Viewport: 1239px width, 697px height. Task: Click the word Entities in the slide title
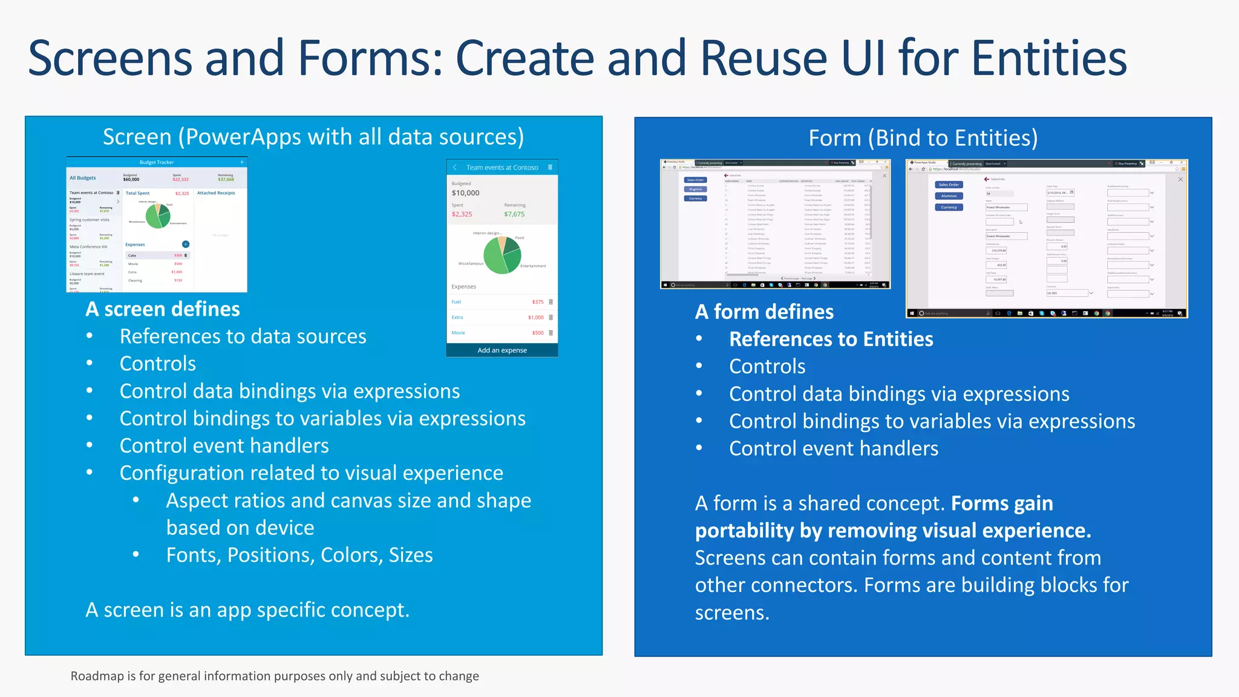pos(1048,59)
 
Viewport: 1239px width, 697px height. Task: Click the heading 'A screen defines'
pos(163,309)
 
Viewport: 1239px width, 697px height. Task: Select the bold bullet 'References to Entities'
pos(831,339)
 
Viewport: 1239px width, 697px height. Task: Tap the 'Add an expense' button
pos(502,350)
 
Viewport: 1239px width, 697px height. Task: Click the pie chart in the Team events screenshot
pos(502,255)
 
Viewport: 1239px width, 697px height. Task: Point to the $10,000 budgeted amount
pos(465,193)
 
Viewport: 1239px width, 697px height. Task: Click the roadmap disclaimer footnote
pos(275,676)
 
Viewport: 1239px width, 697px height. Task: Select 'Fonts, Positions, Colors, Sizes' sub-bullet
pos(299,555)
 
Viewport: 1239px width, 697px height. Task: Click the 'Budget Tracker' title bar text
pos(157,162)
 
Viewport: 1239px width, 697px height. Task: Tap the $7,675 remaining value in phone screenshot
pos(514,214)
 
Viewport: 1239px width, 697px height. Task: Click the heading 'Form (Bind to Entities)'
pos(923,138)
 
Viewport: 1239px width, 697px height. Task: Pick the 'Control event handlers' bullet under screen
pos(224,446)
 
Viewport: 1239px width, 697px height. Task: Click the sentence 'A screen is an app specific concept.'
pos(247,610)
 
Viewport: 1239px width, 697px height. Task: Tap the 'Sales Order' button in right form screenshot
pos(949,185)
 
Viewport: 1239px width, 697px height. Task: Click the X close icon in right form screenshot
pos(1180,179)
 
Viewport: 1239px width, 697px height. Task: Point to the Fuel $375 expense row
pos(502,302)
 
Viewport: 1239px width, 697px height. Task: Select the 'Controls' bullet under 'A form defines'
pos(767,367)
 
